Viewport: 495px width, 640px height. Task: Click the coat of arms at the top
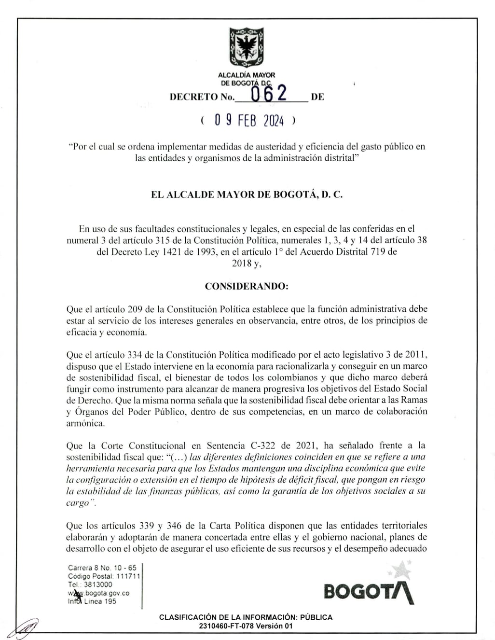[247, 47]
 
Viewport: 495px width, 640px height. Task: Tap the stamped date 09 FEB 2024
[249, 120]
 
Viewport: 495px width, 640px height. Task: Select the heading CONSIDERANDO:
[247, 286]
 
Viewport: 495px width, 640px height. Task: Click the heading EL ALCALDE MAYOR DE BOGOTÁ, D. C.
[247, 195]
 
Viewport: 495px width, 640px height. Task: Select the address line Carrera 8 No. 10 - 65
[102, 568]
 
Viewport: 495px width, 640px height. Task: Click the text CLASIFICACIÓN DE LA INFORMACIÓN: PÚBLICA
[246, 617]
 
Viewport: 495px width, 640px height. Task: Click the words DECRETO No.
[202, 97]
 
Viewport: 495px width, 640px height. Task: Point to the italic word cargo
[78, 503]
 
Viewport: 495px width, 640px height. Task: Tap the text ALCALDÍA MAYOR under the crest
[247, 75]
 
